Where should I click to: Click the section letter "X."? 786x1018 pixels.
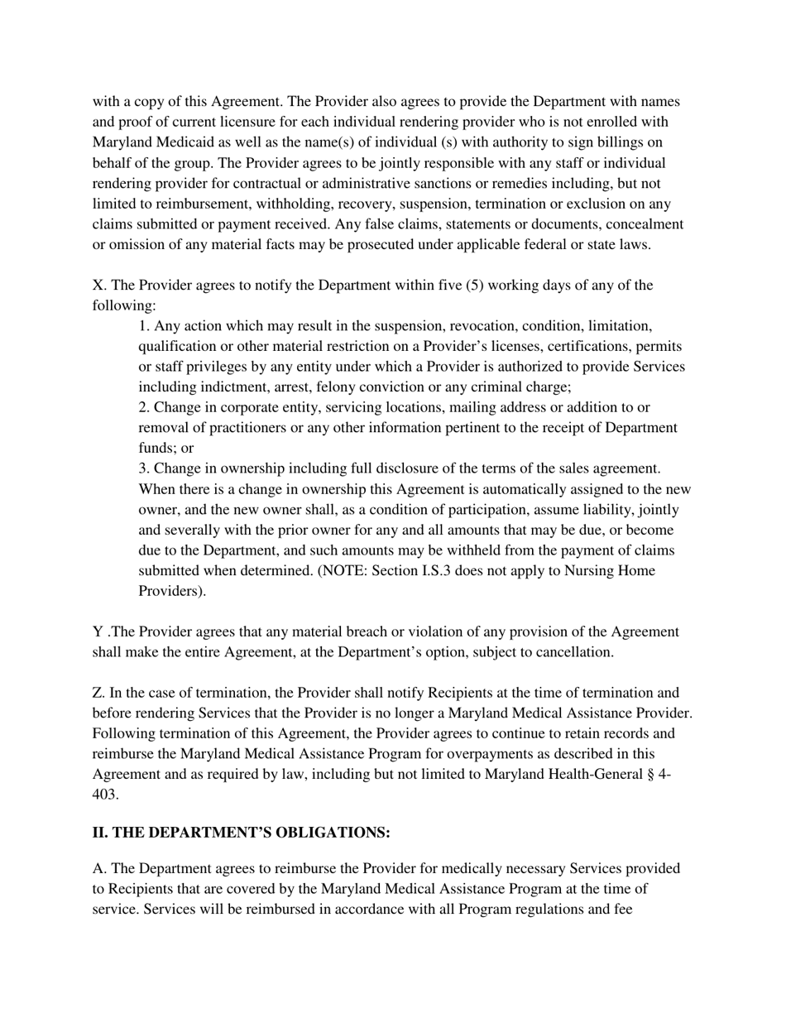pos(99,286)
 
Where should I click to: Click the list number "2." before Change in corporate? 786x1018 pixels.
pos(144,407)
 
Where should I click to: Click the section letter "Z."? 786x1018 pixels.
pos(98,693)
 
